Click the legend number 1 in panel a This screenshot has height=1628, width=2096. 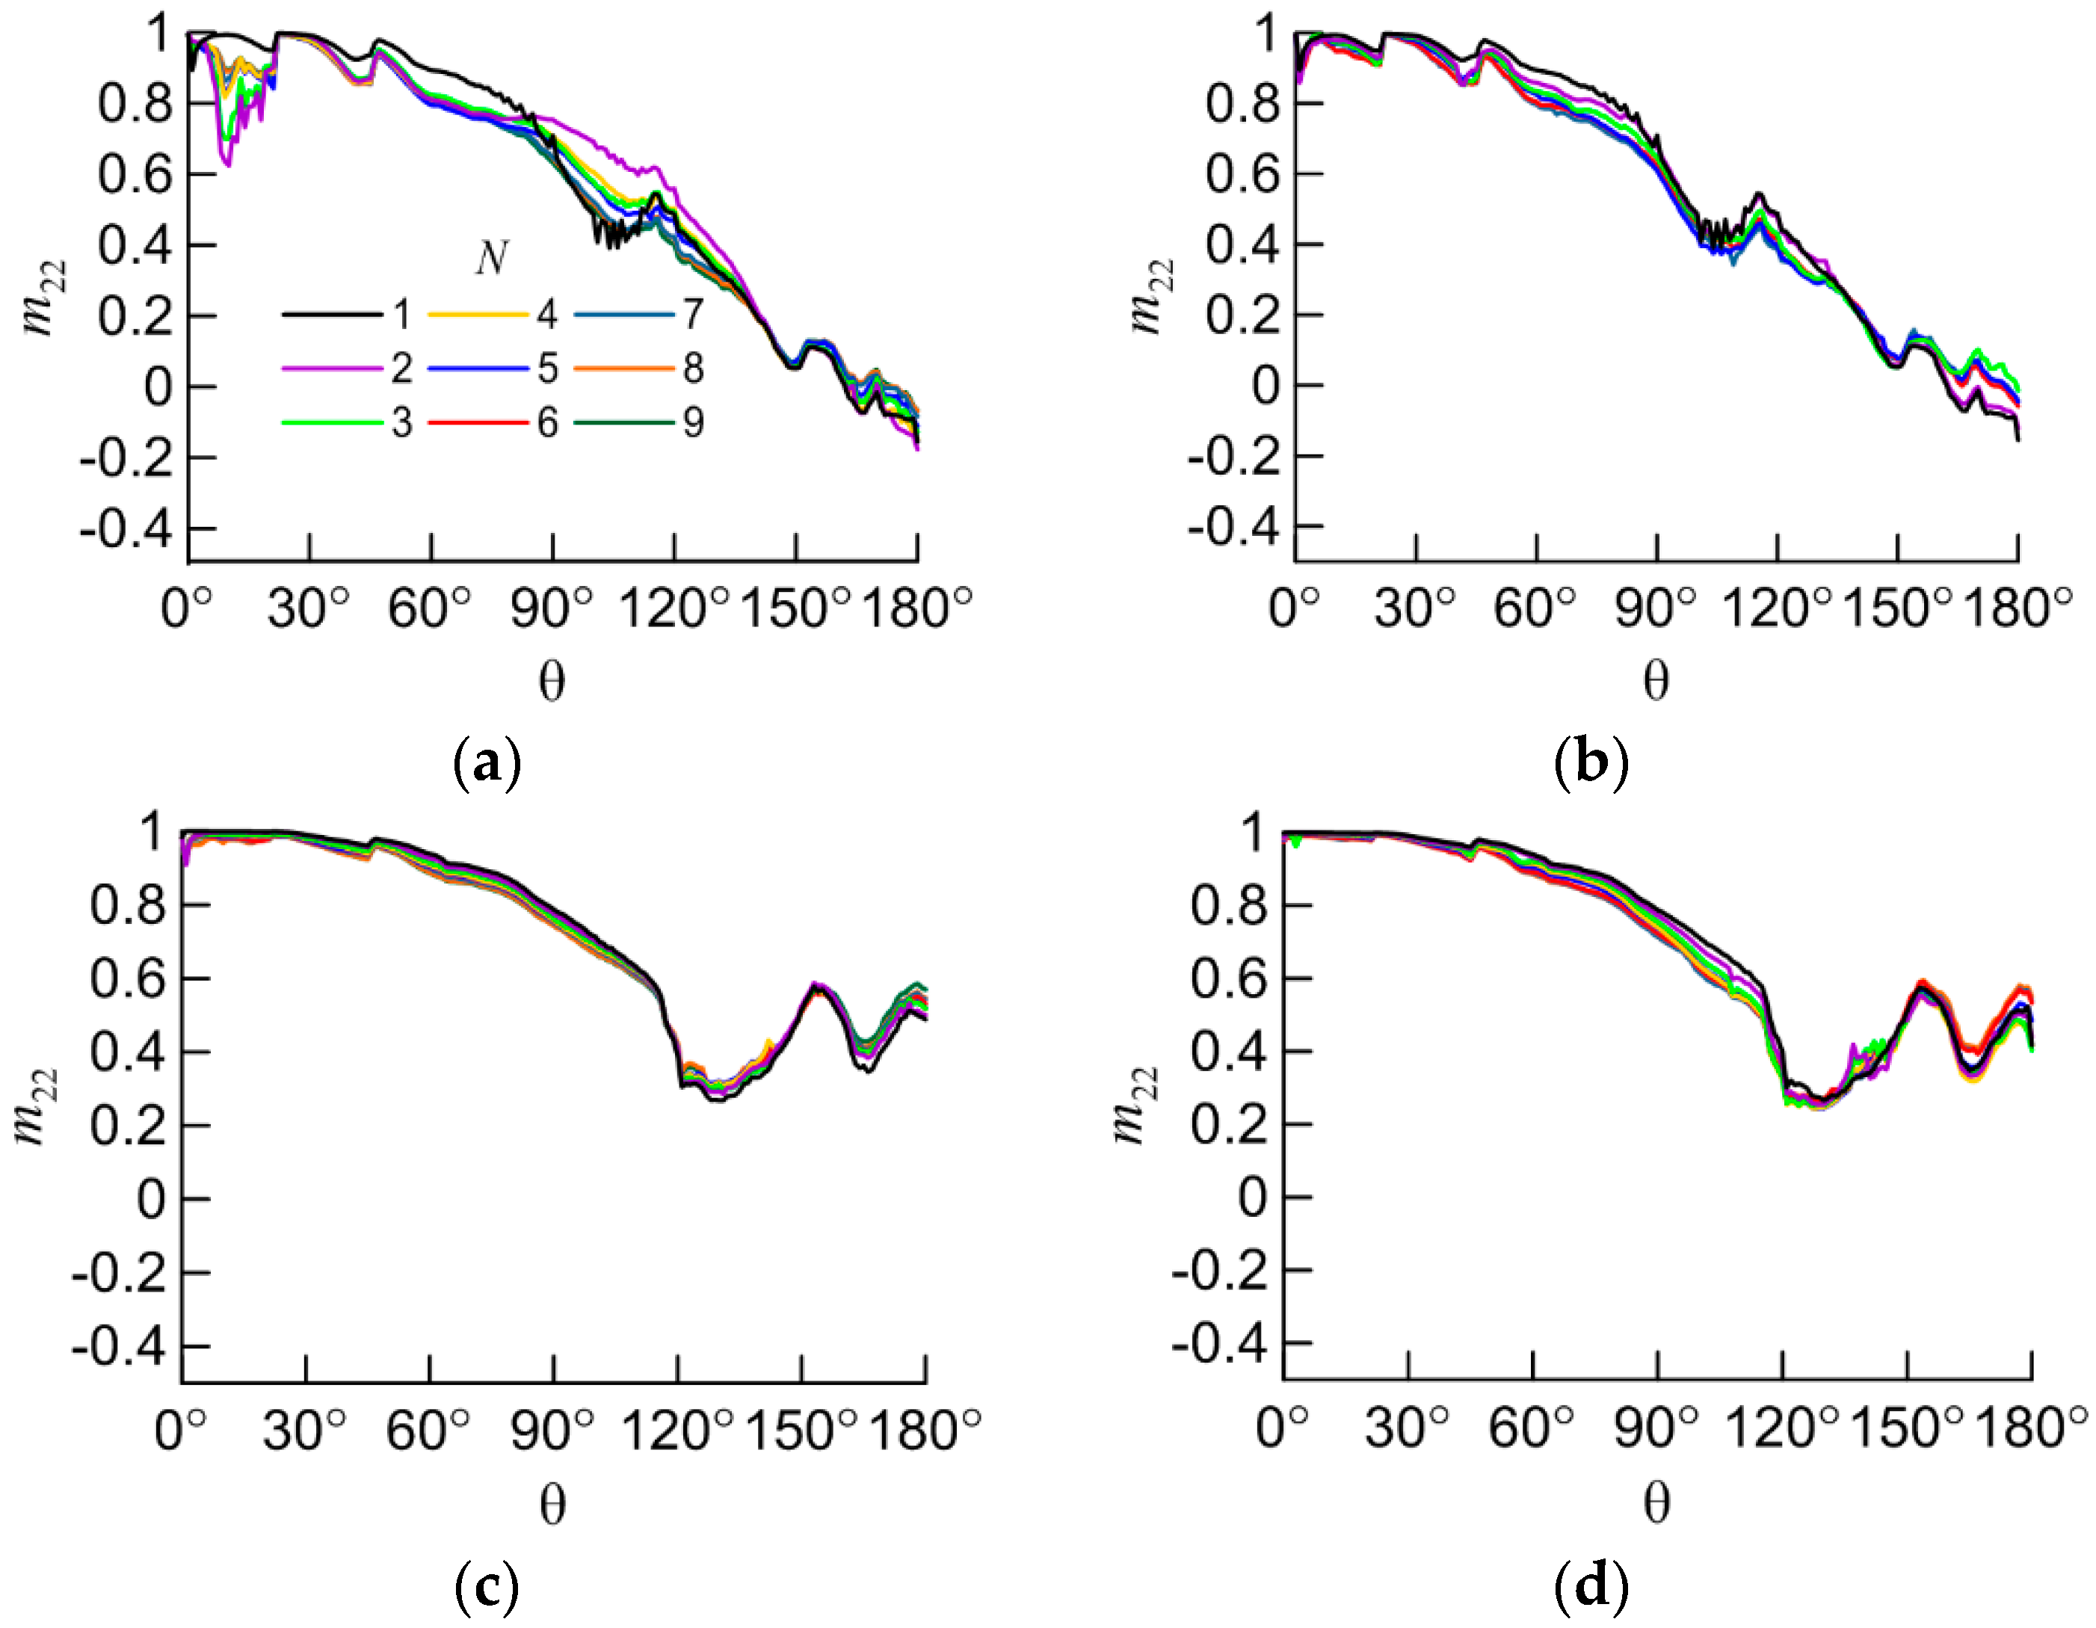[x=401, y=314]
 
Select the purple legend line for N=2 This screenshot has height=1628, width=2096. [x=330, y=369]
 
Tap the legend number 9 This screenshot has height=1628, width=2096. [x=693, y=422]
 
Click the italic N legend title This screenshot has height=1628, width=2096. [x=490, y=257]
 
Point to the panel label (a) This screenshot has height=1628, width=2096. [x=487, y=762]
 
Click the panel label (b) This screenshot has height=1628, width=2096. [x=1590, y=762]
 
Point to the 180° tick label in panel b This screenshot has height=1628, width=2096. [x=2018, y=608]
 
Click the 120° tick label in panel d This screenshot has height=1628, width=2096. [x=1782, y=1429]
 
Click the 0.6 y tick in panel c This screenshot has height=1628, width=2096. [x=128, y=979]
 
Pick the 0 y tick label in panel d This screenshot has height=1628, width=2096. [x=1252, y=1198]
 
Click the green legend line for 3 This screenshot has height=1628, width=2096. [x=330, y=422]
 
